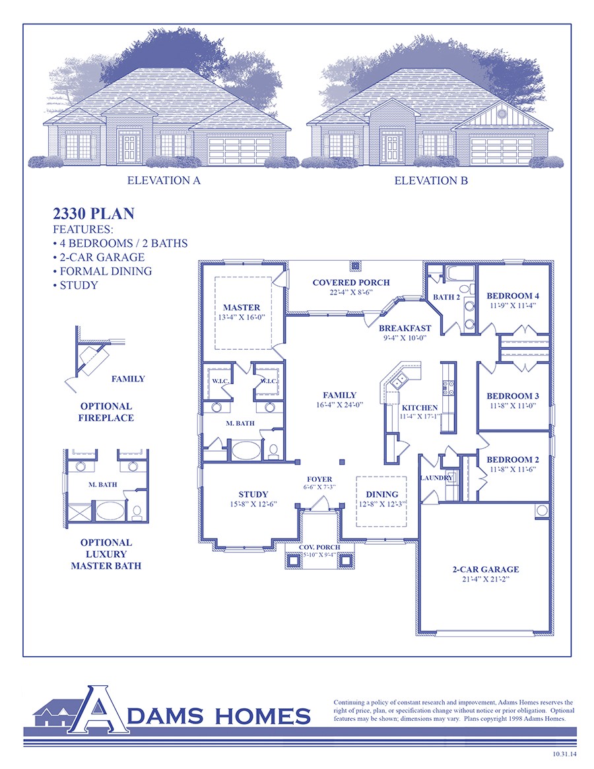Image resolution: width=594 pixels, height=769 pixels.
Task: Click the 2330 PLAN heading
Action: click(x=93, y=213)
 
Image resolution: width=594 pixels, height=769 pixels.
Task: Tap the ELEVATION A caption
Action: click(x=163, y=180)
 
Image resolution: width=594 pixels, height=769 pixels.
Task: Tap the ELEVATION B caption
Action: click(x=431, y=180)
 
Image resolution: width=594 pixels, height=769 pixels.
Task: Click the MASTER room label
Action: click(x=242, y=308)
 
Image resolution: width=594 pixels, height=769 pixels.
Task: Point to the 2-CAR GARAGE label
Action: click(x=485, y=569)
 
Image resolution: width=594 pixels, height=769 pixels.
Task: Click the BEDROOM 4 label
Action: click(x=513, y=296)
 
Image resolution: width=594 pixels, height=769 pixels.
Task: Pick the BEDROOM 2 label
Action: click(x=513, y=459)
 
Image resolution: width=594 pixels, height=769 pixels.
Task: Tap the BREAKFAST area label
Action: click(x=405, y=328)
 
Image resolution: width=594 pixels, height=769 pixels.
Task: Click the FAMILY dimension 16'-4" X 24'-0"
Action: click(x=340, y=405)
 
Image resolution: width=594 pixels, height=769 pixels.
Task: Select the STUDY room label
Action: click(x=253, y=494)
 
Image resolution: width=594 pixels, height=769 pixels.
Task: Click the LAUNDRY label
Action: click(x=436, y=477)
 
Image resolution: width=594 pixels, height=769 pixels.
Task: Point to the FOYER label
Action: click(x=319, y=479)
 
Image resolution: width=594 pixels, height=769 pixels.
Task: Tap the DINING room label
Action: click(x=381, y=494)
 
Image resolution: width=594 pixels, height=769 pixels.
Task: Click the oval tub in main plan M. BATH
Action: click(x=246, y=452)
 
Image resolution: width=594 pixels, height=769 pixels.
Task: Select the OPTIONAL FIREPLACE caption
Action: click(x=106, y=412)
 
